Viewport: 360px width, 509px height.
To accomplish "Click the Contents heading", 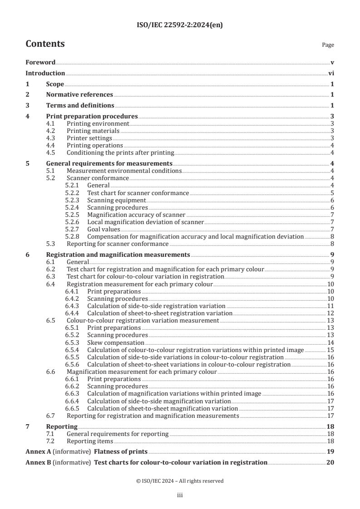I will click(x=45, y=44).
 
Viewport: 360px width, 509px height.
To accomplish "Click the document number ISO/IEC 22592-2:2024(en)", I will click(x=180, y=25).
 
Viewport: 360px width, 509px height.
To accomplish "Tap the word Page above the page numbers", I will click(x=328, y=45).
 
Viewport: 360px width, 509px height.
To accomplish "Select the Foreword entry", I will click(x=40, y=63).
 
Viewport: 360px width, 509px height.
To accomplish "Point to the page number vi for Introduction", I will click(x=331, y=73).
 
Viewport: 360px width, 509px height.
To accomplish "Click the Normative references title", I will click(x=79, y=94).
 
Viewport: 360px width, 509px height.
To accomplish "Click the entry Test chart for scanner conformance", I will click(x=138, y=193).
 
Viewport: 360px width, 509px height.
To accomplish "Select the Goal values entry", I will click(x=103, y=229).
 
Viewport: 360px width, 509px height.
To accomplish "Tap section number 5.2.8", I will click(x=73, y=236).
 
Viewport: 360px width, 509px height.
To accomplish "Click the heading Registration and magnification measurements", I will click(x=118, y=254).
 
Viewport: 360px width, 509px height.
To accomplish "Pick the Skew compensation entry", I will click(x=116, y=343).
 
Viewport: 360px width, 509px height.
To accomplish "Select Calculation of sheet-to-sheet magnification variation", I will click(x=163, y=408).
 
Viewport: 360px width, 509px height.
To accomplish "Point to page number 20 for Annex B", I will click(x=330, y=463).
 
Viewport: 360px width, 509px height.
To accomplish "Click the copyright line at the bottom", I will click(x=180, y=481).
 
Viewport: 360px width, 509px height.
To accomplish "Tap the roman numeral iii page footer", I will click(x=180, y=496).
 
